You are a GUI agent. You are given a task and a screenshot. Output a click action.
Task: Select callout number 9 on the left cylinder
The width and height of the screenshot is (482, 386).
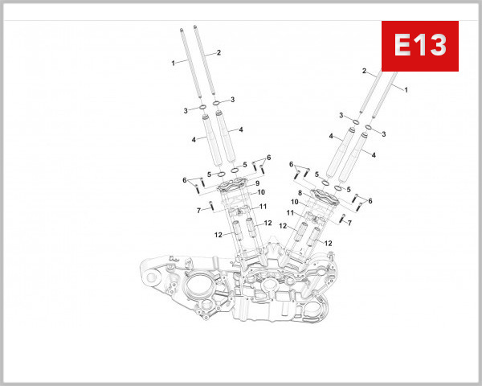tap(257, 184)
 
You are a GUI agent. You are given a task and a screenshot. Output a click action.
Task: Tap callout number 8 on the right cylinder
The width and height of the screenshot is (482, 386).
tap(299, 193)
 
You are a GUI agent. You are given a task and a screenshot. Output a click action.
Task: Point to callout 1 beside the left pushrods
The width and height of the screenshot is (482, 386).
tap(172, 62)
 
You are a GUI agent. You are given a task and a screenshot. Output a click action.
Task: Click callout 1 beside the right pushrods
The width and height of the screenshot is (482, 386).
tap(406, 89)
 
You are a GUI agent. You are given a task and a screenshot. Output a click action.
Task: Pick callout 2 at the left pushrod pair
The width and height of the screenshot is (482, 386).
tap(219, 52)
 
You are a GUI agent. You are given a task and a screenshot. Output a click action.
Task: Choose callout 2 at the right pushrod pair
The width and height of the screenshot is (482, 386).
tap(364, 72)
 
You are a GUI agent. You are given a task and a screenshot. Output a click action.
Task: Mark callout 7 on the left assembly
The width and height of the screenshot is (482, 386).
tap(198, 210)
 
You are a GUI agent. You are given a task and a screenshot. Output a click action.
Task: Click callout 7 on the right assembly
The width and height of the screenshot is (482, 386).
tap(349, 222)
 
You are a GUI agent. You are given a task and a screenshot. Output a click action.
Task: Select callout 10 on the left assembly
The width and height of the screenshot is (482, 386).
tap(261, 193)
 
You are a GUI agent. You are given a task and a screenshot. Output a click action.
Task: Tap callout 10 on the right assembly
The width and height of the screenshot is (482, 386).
tap(294, 202)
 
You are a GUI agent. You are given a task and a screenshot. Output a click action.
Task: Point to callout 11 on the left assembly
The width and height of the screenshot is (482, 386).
tap(263, 207)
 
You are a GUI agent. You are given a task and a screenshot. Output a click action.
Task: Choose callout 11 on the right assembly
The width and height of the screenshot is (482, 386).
tap(290, 212)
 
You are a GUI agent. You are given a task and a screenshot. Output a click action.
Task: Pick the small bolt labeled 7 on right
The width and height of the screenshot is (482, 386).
tap(341, 218)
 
